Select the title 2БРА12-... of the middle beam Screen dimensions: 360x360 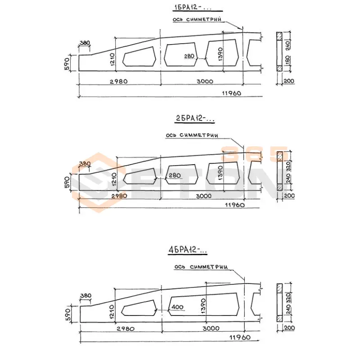(x=195, y=119)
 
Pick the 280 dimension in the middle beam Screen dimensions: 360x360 (x=175, y=175)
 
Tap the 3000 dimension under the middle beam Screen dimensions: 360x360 (x=203, y=196)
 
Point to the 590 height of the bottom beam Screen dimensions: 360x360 (x=67, y=313)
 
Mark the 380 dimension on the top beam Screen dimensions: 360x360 (x=85, y=43)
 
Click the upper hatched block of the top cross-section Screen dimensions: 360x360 (x=279, y=35)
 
